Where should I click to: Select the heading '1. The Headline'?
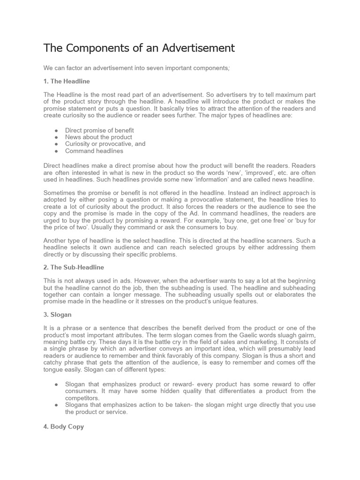67,81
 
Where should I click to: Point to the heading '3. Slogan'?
58,315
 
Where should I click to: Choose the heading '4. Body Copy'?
64,427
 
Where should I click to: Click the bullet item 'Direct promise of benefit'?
99,130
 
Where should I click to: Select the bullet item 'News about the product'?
98,137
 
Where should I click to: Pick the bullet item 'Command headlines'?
94,151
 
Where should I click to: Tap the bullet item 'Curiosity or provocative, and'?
105,144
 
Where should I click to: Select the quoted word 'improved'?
251,172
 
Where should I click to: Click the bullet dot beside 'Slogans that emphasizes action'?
56,405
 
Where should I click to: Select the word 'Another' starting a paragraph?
56,240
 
